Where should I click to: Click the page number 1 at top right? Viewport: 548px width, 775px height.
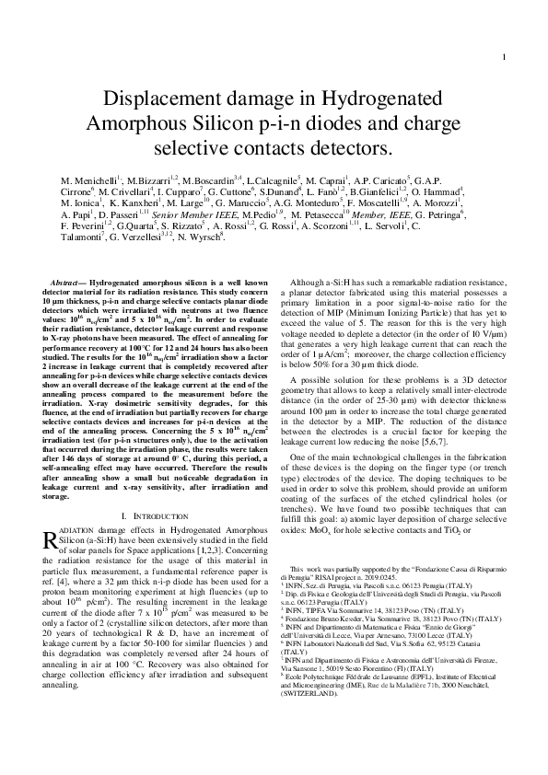pyautogui.click(x=505, y=35)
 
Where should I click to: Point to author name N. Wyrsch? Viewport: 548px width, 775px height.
pyautogui.click(x=202, y=238)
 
